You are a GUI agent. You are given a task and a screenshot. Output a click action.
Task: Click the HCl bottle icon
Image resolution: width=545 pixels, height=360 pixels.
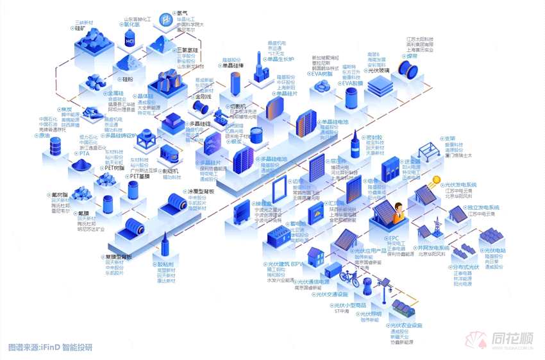click(130, 40)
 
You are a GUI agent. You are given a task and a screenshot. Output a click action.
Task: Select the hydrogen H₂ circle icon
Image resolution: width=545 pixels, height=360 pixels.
click(166, 17)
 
